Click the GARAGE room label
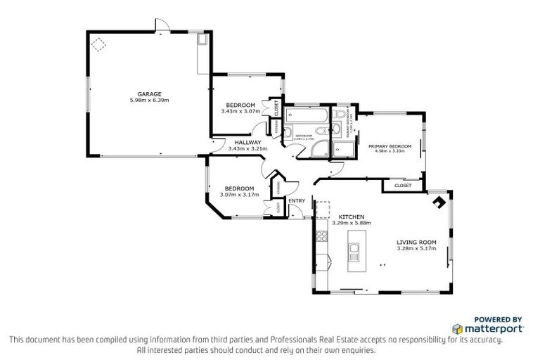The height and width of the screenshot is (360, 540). click(149, 94)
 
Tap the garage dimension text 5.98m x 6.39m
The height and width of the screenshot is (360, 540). click(149, 101)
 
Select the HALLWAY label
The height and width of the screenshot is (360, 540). click(247, 142)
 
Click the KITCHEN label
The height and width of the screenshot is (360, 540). click(351, 217)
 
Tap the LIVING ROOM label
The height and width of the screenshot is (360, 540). click(416, 242)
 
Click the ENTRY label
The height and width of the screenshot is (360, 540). click(297, 200)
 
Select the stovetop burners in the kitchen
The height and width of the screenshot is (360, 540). click(322, 236)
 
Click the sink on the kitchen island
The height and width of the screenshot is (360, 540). click(354, 249)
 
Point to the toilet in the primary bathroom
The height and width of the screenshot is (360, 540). click(341, 115)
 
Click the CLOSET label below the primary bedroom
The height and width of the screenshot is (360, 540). click(403, 186)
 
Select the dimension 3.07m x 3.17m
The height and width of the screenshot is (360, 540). click(239, 195)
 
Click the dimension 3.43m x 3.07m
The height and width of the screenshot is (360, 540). click(240, 111)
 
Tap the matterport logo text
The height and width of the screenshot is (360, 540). click(492, 328)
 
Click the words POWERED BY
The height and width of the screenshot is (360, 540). click(499, 319)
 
